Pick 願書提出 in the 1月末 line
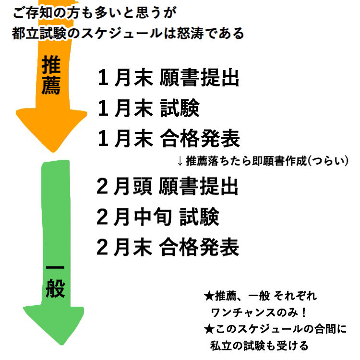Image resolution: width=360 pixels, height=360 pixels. tap(199, 78)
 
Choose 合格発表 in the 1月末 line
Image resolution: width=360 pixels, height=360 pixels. tap(199, 140)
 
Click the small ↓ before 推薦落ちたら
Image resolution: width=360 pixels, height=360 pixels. tap(180, 161)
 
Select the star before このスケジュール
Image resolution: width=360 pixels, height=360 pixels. tap(208, 329)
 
